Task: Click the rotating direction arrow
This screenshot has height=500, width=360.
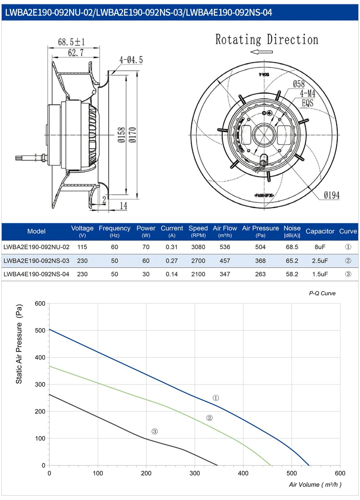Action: point(261,52)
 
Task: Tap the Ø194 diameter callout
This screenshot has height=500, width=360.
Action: point(331,195)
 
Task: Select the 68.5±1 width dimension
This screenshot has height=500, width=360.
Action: point(71,42)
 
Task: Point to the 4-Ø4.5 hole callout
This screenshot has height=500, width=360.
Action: point(131,60)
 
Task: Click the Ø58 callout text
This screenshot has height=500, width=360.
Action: point(299,84)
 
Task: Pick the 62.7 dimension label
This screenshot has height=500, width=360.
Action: point(76,53)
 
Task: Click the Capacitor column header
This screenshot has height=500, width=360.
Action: point(320,231)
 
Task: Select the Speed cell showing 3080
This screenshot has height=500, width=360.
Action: point(198,247)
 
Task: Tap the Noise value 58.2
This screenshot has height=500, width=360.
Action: point(292,274)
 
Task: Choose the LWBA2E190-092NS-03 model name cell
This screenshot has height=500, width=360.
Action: point(36,261)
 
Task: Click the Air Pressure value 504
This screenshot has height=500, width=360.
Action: point(260,247)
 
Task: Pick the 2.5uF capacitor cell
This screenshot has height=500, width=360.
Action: point(320,261)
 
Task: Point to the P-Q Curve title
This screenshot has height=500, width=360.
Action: point(322,293)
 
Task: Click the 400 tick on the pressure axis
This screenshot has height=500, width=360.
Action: point(40,357)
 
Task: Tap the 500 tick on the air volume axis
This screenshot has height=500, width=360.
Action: point(292,473)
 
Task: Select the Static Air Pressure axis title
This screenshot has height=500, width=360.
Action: point(19,344)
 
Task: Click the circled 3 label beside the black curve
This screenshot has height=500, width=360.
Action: point(154,431)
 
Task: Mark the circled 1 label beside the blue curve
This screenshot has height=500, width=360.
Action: point(216,398)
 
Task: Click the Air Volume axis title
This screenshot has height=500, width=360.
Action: point(315,484)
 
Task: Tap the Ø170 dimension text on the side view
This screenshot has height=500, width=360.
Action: point(133,135)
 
